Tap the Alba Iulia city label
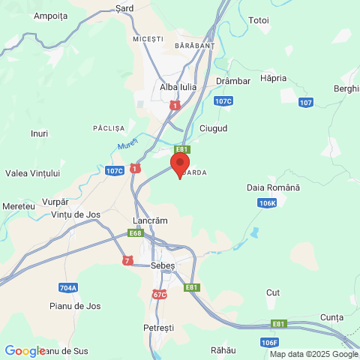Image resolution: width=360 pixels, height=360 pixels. point(178,87)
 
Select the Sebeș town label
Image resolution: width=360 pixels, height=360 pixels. point(163,265)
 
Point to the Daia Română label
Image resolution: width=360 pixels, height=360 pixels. point(273,187)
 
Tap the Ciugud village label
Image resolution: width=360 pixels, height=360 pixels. point(214,128)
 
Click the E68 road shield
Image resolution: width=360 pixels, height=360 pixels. point(135,233)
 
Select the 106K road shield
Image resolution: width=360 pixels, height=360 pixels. point(267,202)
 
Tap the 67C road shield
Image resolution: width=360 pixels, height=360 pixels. point(160,295)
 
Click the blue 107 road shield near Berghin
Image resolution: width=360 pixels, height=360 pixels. point(304,102)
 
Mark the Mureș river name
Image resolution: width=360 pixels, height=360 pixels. point(129,141)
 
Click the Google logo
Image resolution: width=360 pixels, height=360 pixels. point(25,350)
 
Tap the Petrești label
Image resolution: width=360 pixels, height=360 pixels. point(158,328)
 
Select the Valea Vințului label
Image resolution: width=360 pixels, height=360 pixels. point(32,173)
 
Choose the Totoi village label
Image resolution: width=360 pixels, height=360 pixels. point(258,19)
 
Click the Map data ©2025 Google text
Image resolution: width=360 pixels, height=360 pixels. point(313,354)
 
